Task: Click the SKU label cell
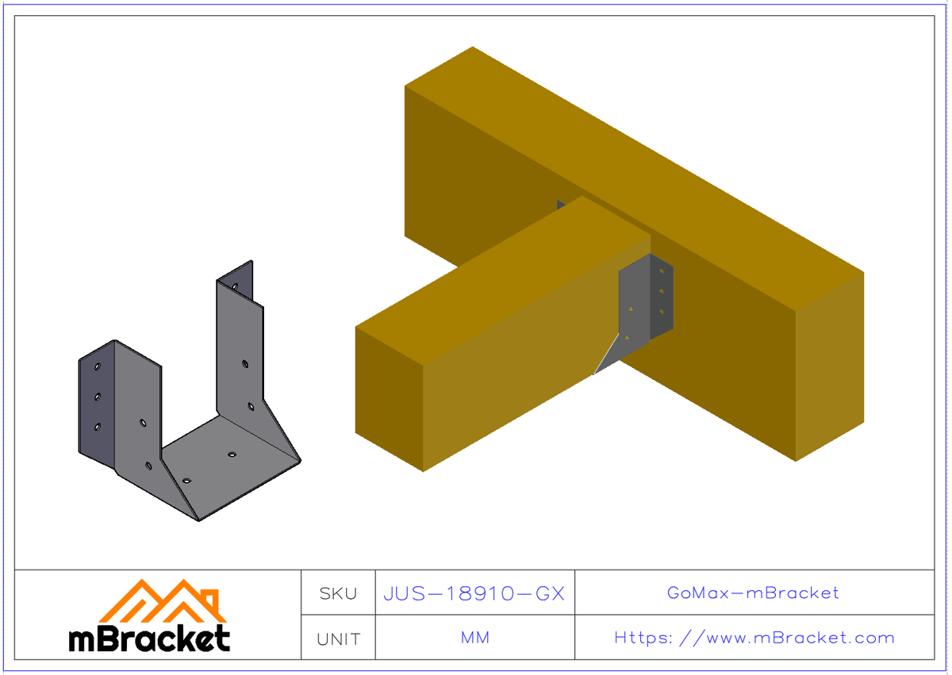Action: [338, 593]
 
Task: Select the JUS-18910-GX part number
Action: [474, 593]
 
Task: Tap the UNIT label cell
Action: [338, 639]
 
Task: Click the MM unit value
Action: [474, 638]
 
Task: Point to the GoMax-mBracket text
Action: [753, 593]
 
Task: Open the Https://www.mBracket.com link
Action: [754, 638]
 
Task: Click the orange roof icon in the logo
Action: [163, 602]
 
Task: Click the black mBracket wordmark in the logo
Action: [149, 638]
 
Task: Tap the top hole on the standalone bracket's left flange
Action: [97, 367]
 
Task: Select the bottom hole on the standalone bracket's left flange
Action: [97, 427]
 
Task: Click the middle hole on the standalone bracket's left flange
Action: [97, 397]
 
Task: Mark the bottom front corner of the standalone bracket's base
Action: [198, 520]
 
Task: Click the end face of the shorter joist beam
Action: [389, 397]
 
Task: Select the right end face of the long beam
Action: [829, 365]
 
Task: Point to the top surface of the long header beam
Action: [635, 159]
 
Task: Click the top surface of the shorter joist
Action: [500, 278]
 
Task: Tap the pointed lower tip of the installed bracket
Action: [596, 373]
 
